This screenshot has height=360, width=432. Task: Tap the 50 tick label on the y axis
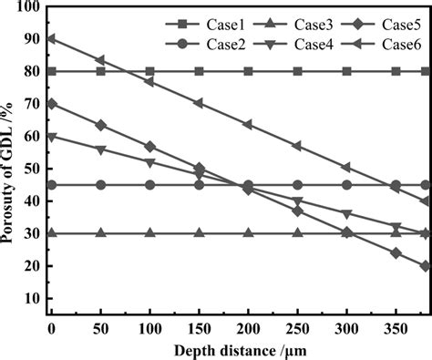[x=31, y=169]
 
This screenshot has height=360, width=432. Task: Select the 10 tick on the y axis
[x=31, y=298]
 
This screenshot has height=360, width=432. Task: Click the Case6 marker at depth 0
[x=51, y=38]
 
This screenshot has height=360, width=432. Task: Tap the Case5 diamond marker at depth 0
[x=51, y=104]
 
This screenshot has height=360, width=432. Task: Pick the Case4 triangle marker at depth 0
[x=51, y=137]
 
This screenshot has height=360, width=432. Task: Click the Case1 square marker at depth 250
[x=297, y=71]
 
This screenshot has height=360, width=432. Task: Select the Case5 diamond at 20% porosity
[x=425, y=266]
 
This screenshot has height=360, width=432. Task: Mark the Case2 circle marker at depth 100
[x=149, y=185]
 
